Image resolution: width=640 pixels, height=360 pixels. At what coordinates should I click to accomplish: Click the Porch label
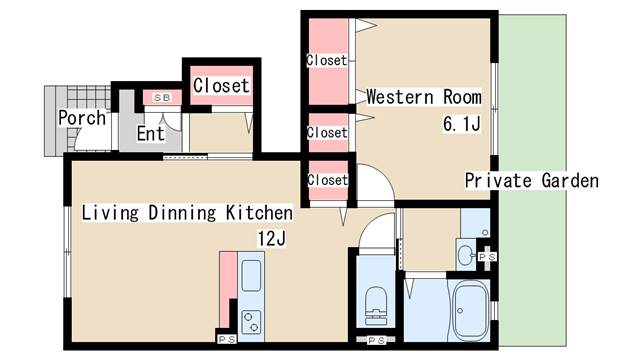coord(82,118)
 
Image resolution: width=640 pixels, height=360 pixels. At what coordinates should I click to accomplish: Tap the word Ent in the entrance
coord(151,133)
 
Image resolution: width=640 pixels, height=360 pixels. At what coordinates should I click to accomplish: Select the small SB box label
coord(162,98)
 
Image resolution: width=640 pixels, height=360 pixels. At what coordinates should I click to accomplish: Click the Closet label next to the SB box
coord(221,86)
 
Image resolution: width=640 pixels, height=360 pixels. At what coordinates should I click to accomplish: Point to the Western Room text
coord(424,97)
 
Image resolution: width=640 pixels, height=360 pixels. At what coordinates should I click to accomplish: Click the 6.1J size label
coord(462,124)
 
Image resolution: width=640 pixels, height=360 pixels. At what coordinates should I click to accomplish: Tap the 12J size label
coord(271,238)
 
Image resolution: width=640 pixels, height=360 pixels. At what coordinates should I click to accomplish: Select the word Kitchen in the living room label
coord(259,213)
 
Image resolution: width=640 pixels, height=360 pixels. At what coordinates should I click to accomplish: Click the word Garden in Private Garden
coord(570,180)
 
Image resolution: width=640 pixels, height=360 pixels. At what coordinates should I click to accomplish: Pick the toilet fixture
coord(376,305)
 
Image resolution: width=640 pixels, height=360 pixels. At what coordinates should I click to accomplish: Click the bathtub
coord(471,311)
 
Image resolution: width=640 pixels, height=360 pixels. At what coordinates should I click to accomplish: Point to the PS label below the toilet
coord(376,340)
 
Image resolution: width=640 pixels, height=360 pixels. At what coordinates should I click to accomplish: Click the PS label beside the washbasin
coord(487,257)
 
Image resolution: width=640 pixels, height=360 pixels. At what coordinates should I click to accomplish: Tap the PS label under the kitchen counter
coord(227,339)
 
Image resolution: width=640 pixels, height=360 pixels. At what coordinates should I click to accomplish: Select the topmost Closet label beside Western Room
coord(327,60)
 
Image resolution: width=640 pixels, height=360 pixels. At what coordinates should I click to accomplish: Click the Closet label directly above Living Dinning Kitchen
coord(327,180)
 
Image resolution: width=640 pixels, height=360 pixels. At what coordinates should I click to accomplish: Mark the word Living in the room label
coord(110,213)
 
